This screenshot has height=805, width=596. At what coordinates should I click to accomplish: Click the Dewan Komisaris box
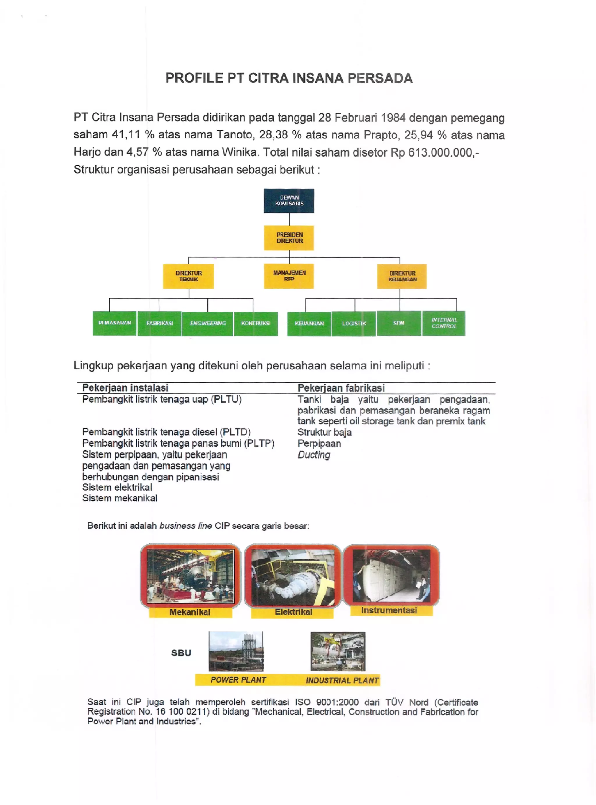289,200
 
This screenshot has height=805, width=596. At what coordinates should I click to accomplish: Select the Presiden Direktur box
289,238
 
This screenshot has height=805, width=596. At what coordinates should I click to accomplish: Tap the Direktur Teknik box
188,276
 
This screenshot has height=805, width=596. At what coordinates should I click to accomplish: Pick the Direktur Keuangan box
402,276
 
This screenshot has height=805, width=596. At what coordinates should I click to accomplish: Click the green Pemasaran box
114,323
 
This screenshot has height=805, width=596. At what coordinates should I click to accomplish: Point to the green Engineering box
207,324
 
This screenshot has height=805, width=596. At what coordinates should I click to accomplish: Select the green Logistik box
354,324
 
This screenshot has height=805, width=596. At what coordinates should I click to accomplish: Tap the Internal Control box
444,323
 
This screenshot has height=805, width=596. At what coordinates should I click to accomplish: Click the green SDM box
399,323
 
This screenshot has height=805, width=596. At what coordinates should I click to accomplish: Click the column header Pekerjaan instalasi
125,388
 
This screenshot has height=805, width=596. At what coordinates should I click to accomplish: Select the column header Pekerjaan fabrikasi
341,388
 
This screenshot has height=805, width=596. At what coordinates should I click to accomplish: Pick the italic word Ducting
313,455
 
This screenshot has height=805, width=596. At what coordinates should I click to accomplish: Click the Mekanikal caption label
190,612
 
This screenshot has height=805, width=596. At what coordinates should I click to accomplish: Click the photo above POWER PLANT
236,651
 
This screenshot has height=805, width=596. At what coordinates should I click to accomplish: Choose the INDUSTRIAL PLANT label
342,680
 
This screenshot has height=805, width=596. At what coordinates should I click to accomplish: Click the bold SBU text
181,653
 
